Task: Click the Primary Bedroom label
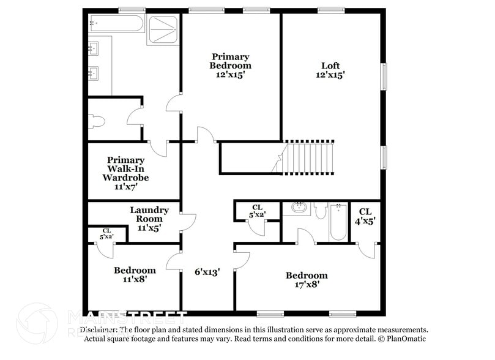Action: pos(230,66)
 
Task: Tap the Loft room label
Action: pos(330,70)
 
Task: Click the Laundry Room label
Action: pos(149,219)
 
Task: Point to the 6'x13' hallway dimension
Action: pos(207,271)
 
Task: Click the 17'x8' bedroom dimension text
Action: pos(306,284)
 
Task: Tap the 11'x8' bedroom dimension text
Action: pos(135,279)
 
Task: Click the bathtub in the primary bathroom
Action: pos(116,24)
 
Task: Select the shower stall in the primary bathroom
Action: pos(163,29)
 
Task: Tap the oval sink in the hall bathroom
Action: pos(299,208)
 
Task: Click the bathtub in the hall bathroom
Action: pos(338,223)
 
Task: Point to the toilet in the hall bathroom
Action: pos(321,211)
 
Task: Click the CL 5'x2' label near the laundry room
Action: pos(106,233)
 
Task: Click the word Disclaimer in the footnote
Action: pos(101,329)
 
